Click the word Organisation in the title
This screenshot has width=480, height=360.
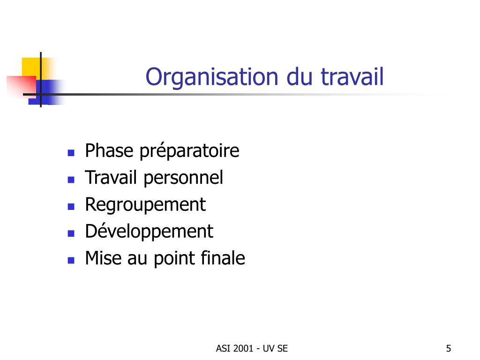pyautogui.click(x=212, y=77)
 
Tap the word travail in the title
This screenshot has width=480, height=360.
pyautogui.click(x=352, y=76)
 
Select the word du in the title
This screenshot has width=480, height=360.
pyautogui.click(x=300, y=76)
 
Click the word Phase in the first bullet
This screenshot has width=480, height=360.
pyautogui.click(x=109, y=150)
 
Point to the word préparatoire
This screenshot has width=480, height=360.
pyautogui.click(x=189, y=151)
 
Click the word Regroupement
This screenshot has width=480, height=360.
pyautogui.click(x=145, y=205)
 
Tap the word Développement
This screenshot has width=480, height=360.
pyautogui.click(x=149, y=232)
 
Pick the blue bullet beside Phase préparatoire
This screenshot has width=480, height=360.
pyautogui.click(x=71, y=153)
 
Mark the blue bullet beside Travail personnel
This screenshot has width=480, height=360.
pyautogui.click(x=71, y=180)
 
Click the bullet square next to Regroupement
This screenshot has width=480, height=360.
pyautogui.click(x=71, y=207)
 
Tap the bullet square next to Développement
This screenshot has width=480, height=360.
pyautogui.click(x=71, y=233)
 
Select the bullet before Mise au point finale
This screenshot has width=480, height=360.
pyautogui.click(x=71, y=261)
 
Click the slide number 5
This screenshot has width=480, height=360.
pyautogui.click(x=449, y=348)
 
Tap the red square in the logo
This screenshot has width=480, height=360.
pyautogui.click(x=22, y=86)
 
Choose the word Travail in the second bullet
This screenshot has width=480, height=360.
pyautogui.click(x=111, y=178)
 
